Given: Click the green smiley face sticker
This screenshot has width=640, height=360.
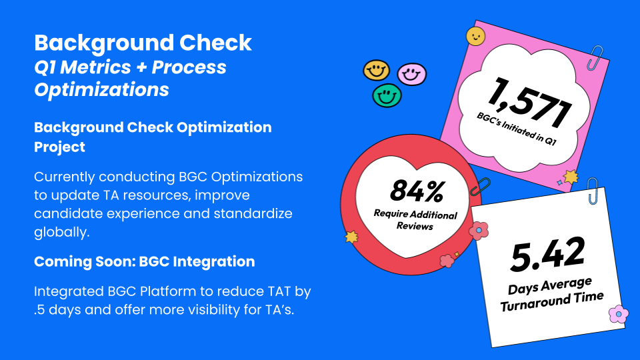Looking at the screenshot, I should click(x=387, y=95).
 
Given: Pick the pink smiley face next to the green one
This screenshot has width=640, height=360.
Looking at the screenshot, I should click(x=411, y=73).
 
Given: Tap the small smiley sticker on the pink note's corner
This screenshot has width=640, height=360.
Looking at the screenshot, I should click(x=475, y=36).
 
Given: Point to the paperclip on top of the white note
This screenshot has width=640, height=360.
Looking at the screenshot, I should click(x=592, y=191).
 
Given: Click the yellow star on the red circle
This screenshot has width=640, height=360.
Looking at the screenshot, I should click(x=351, y=236).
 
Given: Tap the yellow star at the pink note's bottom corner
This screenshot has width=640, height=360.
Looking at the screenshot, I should click(x=571, y=177).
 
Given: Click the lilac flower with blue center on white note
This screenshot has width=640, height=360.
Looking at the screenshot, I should click(x=618, y=313).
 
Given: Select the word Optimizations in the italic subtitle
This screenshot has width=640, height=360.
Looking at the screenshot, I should click(x=101, y=89).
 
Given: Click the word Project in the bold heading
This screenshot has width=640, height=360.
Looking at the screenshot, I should click(x=59, y=147).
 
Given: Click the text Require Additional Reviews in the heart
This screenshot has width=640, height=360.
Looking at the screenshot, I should click(x=415, y=221).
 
